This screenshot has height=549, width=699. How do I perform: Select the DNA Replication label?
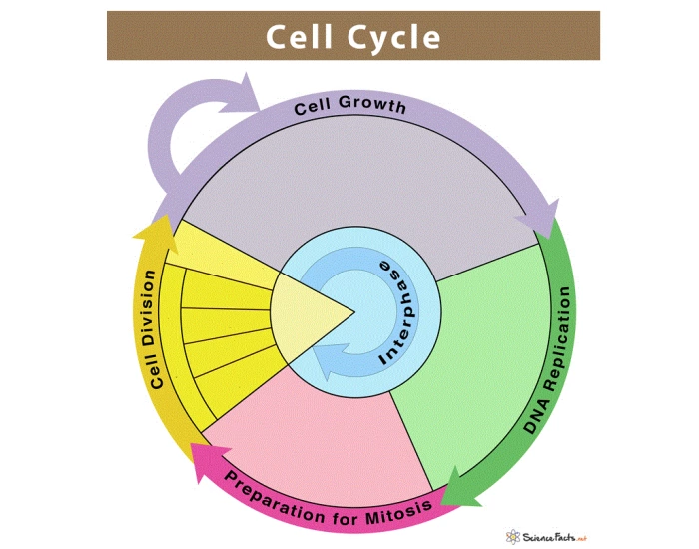550,360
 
